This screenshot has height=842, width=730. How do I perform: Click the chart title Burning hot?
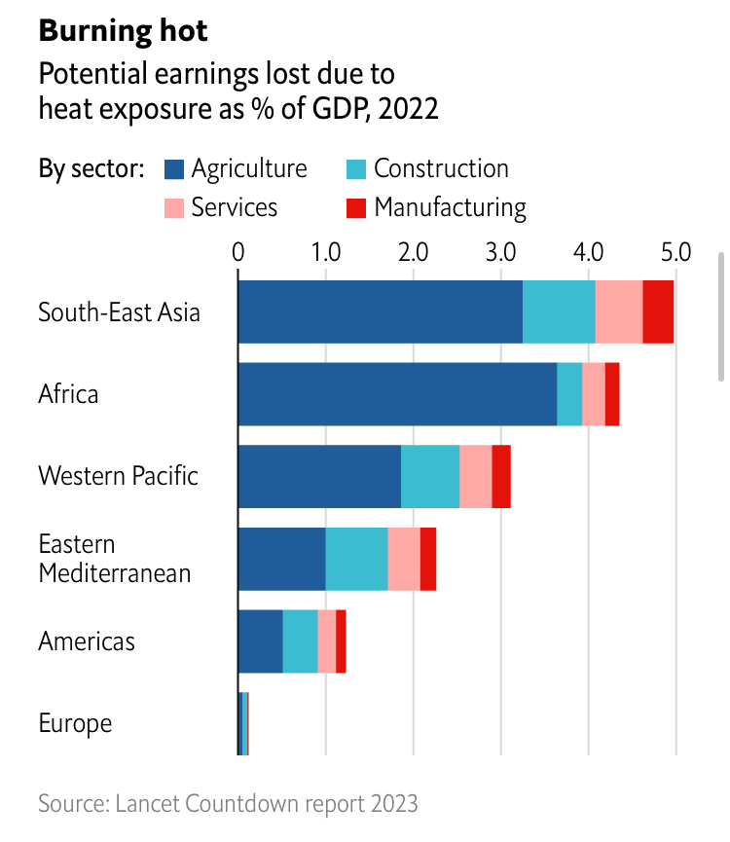(x=123, y=30)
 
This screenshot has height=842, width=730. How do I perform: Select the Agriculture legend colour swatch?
(x=174, y=168)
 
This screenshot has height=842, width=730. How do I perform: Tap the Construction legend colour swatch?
(x=356, y=168)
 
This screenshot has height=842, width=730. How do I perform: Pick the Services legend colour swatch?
(x=174, y=207)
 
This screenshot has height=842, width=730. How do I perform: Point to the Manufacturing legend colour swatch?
(x=356, y=207)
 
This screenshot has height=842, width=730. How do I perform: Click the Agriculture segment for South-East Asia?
(x=380, y=311)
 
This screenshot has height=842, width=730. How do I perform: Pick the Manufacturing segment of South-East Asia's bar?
(x=658, y=311)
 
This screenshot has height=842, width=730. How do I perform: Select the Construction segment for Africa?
(x=569, y=394)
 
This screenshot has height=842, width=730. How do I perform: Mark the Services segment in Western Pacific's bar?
(x=475, y=476)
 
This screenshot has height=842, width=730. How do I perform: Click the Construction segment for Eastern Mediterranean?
(x=356, y=559)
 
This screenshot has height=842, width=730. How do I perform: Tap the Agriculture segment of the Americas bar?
(x=261, y=641)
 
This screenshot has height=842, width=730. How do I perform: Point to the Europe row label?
(x=75, y=723)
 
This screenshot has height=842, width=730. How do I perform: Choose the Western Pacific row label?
(x=118, y=476)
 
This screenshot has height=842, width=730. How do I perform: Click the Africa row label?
(x=68, y=394)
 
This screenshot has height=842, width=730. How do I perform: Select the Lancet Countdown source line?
(x=228, y=803)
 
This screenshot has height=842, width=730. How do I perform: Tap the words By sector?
(x=91, y=169)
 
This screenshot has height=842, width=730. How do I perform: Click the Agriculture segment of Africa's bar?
(x=397, y=394)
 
